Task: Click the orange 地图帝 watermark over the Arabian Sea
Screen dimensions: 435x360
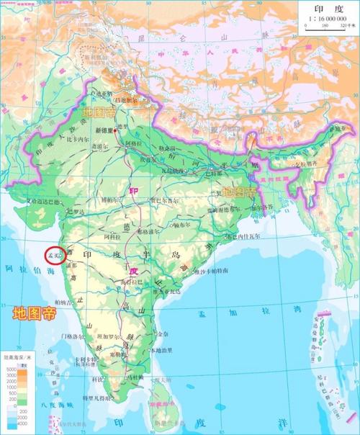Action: (35, 313)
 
